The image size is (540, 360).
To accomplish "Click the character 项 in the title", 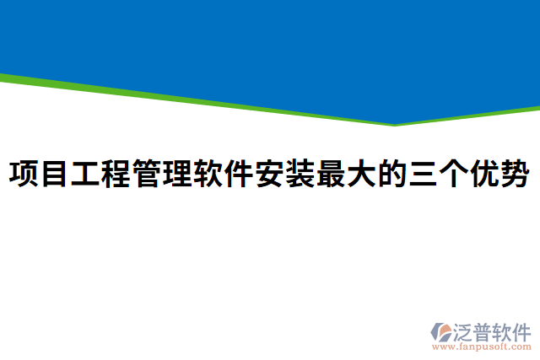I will pos(24,175).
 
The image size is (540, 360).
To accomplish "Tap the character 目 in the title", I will pos(55,175).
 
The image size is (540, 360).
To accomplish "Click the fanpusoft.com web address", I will pos(482,347).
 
